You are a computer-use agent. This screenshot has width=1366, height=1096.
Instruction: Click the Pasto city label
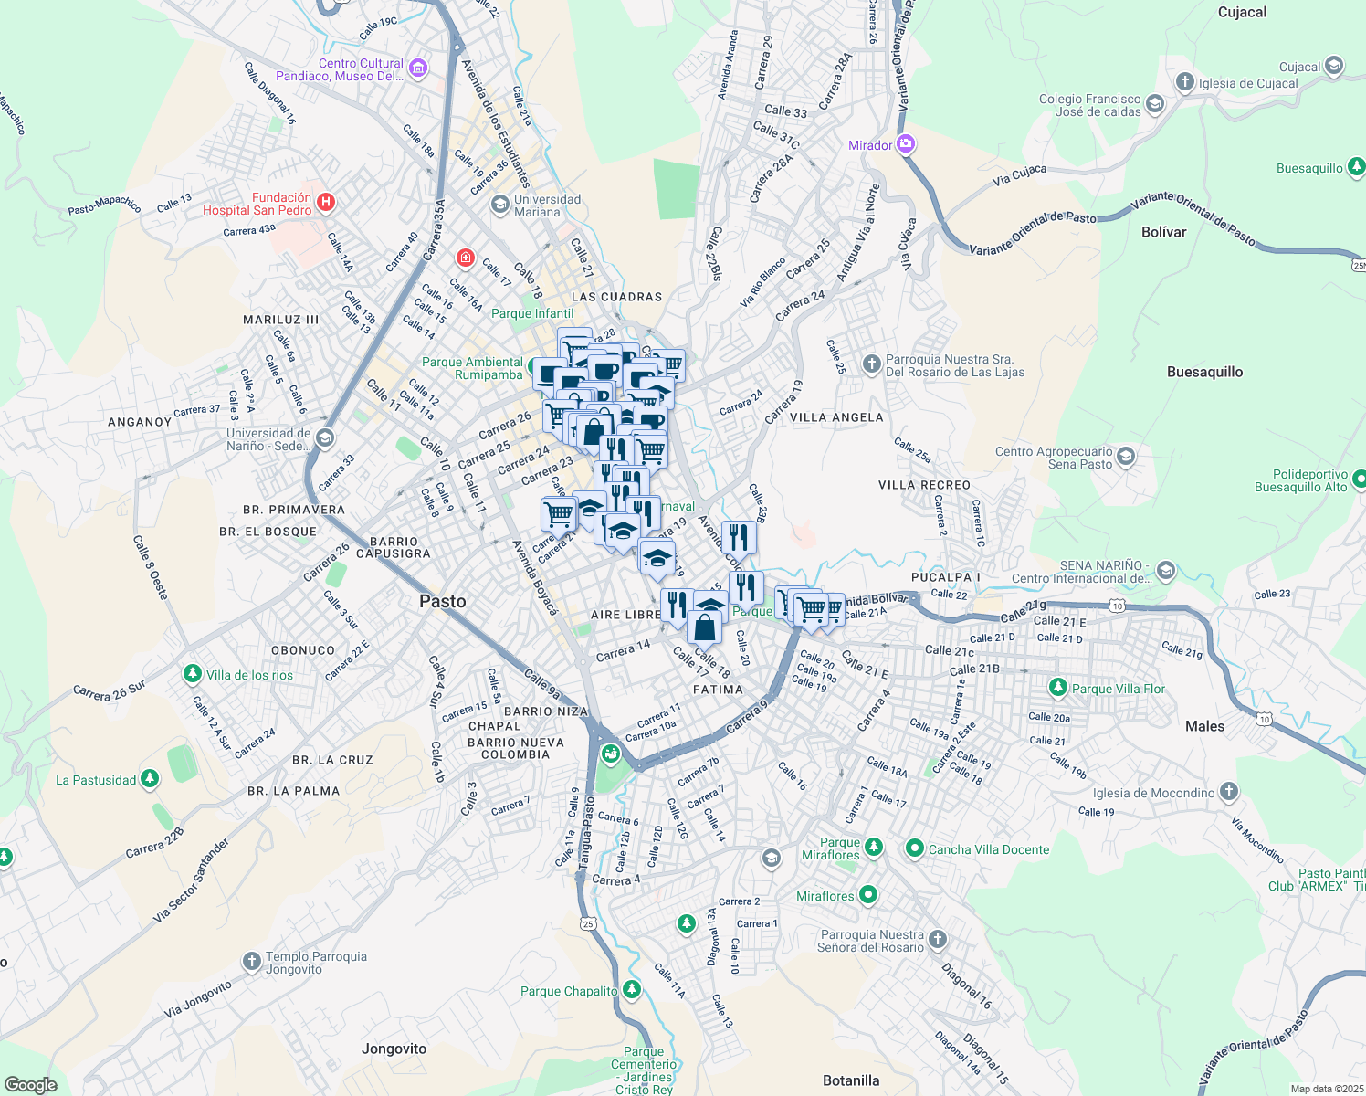[442, 601]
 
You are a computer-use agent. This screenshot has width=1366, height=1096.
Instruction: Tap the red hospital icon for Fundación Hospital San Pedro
[326, 202]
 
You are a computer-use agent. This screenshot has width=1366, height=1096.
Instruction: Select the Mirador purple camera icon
[905, 144]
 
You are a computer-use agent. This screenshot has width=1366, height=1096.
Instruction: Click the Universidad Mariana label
[546, 205]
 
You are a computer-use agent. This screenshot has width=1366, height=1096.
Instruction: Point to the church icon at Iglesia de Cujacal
[1185, 83]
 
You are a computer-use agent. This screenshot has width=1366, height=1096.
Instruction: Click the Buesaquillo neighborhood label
[1204, 372]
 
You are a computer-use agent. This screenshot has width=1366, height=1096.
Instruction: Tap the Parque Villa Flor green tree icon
[1057, 688]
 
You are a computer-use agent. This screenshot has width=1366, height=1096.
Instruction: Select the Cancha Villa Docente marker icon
[914, 848]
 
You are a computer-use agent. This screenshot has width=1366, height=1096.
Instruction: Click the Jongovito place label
[394, 1049]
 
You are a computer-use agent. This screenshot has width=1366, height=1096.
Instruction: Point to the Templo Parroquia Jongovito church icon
[251, 962]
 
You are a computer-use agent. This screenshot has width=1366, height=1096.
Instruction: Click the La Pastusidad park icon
[150, 779]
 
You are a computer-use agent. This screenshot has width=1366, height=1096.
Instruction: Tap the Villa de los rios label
[249, 675]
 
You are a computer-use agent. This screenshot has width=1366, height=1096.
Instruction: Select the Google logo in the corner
[30, 1084]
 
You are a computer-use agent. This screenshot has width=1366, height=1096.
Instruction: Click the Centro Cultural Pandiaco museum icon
[417, 68]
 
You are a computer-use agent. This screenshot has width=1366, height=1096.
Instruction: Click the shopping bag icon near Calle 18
[704, 629]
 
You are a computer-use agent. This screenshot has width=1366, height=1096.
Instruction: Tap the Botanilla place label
[851, 1080]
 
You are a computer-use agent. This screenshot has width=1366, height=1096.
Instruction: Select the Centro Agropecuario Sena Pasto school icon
[1126, 457]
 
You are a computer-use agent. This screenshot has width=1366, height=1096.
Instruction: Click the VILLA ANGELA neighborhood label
[836, 417]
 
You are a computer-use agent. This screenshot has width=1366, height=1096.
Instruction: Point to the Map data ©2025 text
[1326, 1089]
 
